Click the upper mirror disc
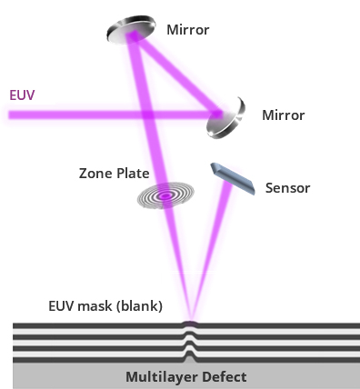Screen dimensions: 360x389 [x=131, y=29]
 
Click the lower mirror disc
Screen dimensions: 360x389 [x=226, y=119]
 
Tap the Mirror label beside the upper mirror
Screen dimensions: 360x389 [x=188, y=30]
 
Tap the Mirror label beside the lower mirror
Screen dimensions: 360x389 [x=284, y=115]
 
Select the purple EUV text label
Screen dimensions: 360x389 [x=22, y=95]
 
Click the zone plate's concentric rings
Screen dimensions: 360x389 [x=165, y=195]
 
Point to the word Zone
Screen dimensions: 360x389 [x=95, y=174]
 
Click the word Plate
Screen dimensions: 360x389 [x=133, y=174]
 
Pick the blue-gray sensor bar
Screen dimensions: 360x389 [x=233, y=178]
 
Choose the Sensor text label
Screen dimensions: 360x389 [x=287, y=188]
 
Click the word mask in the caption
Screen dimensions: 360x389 [x=95, y=305]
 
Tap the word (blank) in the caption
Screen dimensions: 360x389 [x=140, y=306]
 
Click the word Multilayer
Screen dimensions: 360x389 [x=161, y=377]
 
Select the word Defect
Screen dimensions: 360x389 [x=224, y=376]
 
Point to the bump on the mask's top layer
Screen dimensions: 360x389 [x=190, y=324]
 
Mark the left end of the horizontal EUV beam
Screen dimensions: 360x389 [x=9, y=115]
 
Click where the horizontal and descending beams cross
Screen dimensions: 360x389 [x=147, y=115]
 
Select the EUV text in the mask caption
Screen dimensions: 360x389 [x=61, y=305]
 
